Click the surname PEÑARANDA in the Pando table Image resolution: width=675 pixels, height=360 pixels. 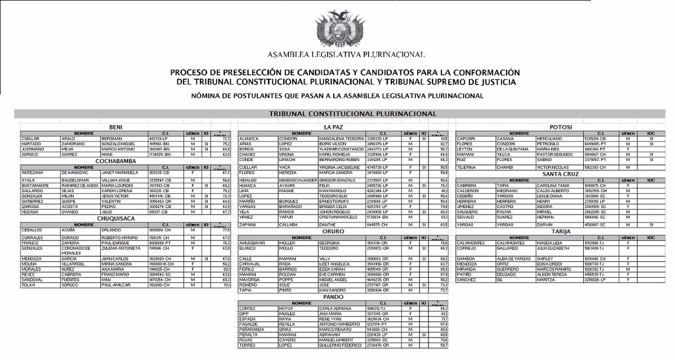253,328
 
